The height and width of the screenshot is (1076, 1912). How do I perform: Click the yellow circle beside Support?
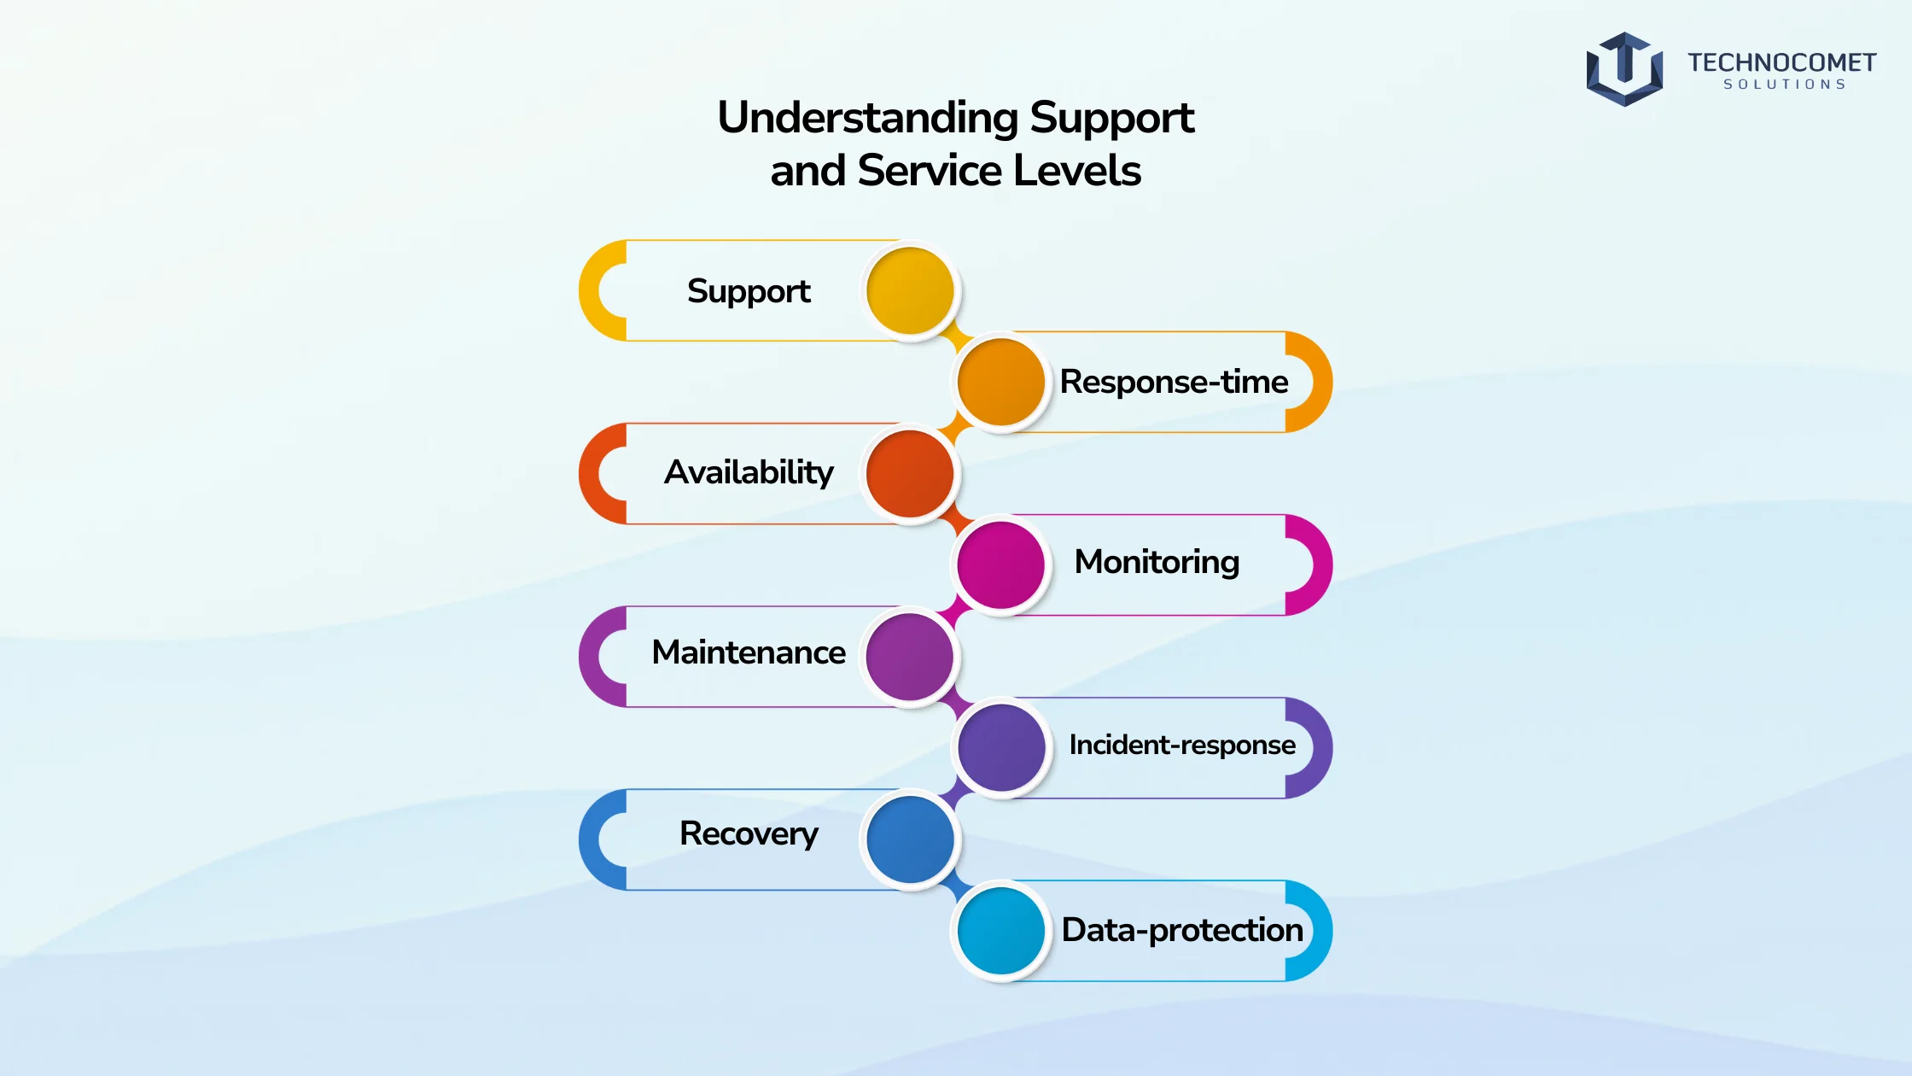[910, 290]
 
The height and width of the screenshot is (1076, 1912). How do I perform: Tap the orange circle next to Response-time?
[1001, 382]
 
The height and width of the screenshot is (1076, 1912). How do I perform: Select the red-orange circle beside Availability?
[910, 473]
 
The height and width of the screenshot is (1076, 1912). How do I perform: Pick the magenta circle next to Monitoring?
[1001, 564]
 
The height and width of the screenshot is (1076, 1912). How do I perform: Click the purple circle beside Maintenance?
[910, 657]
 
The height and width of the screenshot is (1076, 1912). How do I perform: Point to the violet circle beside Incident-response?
[1001, 747]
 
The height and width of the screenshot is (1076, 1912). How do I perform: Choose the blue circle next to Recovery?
[910, 839]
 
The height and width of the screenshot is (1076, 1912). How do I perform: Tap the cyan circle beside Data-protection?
[1001, 930]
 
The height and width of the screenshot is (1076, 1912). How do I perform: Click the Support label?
[749, 292]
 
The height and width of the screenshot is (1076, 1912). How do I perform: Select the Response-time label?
[1174, 382]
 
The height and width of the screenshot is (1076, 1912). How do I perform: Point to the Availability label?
[749, 472]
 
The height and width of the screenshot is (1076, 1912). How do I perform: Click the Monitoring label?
[1157, 563]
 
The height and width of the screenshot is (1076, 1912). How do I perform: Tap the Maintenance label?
[749, 652]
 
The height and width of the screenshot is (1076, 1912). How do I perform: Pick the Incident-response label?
[1182, 746]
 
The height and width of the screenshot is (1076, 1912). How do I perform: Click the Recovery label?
[749, 834]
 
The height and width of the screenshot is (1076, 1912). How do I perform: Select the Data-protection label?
[1182, 930]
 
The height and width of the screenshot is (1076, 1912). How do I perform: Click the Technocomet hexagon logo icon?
[1624, 69]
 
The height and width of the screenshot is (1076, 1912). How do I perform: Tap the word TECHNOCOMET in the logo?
[1781, 62]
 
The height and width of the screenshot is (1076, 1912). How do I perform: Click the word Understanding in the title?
[867, 119]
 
